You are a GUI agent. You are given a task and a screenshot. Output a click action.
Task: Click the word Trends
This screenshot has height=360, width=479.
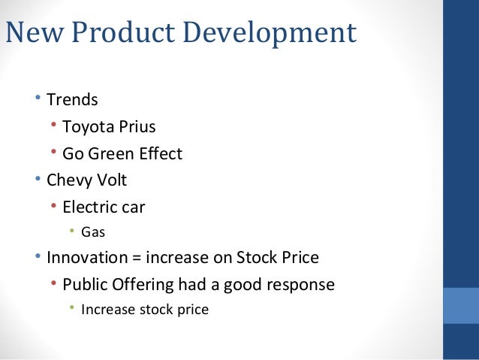point(72,99)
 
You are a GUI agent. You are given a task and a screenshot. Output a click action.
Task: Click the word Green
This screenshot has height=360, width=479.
point(115,153)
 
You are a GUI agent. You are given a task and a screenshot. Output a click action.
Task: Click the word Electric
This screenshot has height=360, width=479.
point(90,207)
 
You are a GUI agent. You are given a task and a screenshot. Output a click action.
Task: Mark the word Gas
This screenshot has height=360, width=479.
point(92,232)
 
